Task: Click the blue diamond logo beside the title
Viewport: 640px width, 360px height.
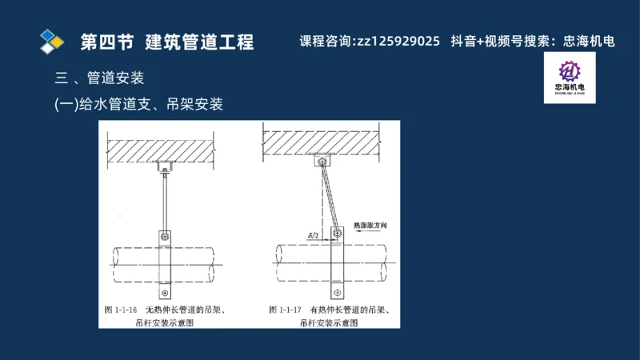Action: (52, 40)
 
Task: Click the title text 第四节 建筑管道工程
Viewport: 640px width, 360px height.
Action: (167, 42)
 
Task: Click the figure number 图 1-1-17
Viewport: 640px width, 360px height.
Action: (285, 309)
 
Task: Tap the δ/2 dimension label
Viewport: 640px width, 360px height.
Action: (314, 234)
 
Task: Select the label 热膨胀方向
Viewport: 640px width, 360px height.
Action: (370, 227)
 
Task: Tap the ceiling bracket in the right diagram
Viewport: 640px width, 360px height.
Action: (322, 161)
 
